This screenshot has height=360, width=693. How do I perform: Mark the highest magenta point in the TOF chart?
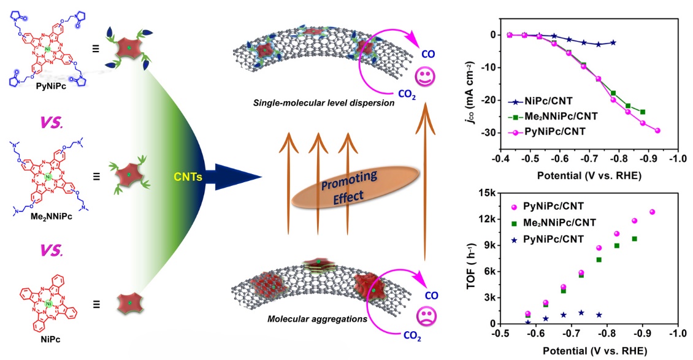[x=652, y=212]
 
